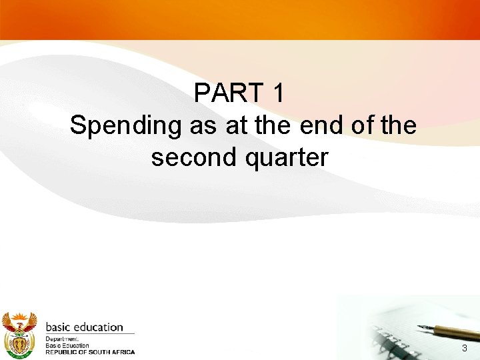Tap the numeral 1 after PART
tap(279, 93)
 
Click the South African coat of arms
tap(19, 334)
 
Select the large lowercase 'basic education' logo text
tap(84, 327)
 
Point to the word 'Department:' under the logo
tap(62, 339)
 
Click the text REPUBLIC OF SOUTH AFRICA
tap(90, 352)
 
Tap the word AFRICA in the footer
tap(124, 352)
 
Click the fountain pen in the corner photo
tap(447, 331)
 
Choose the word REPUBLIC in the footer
tap(61, 352)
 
